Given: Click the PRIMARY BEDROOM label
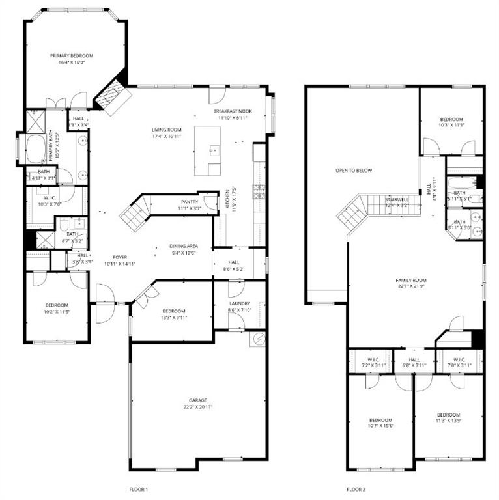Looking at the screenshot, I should point(72,56).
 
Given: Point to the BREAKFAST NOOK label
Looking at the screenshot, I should point(233,111).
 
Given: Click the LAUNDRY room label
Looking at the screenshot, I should point(240,303).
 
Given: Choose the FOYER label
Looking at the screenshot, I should point(119,257).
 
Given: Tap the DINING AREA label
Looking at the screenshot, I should point(184,246).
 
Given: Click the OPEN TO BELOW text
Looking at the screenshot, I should point(354,171).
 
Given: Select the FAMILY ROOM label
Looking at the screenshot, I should point(416,280).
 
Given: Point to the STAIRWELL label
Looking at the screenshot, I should point(396,199).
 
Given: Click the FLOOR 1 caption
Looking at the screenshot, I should point(139,489).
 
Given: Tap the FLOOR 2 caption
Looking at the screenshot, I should point(356,489).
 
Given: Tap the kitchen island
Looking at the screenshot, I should point(208,151).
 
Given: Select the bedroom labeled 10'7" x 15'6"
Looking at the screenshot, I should point(380,423).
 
